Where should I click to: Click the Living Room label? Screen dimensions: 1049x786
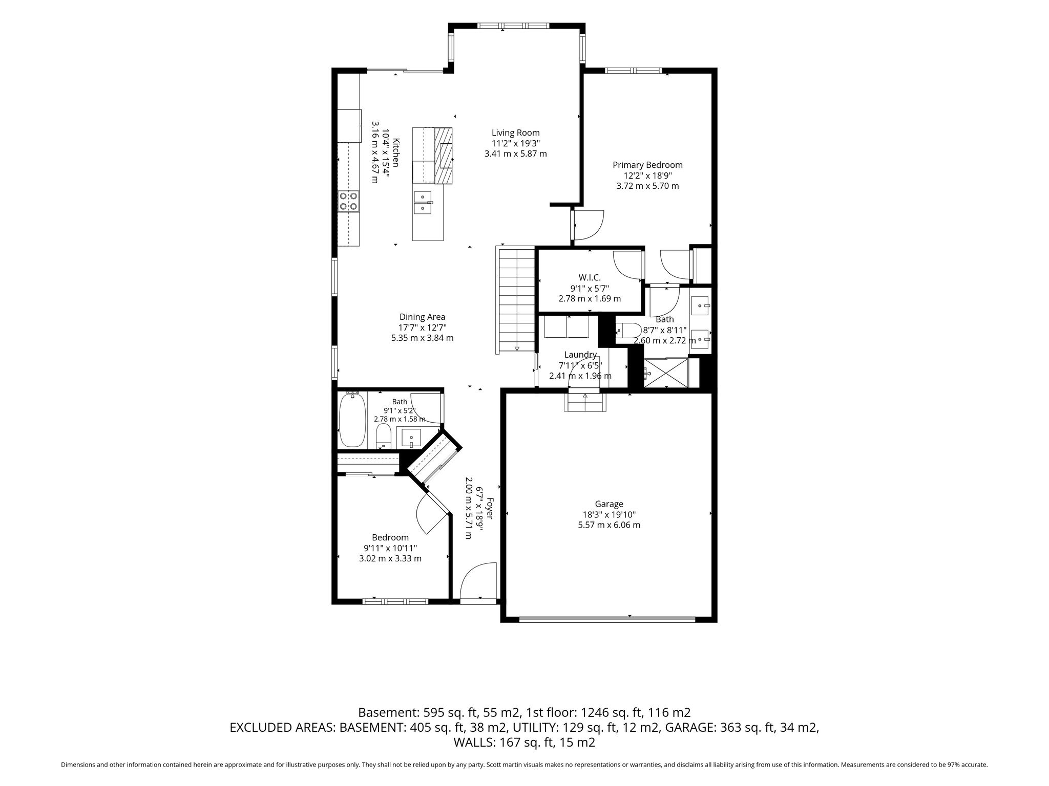[x=516, y=133]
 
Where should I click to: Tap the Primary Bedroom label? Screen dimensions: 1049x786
[x=647, y=165]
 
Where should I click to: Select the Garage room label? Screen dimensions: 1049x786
[x=609, y=504]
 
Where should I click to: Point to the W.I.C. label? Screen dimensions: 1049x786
[x=590, y=277]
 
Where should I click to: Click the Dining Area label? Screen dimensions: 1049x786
[x=422, y=317]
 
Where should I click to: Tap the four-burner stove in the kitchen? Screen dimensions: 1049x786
[x=349, y=201]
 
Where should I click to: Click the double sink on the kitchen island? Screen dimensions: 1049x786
[x=423, y=202]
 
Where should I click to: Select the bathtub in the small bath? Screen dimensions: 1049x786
[x=352, y=420]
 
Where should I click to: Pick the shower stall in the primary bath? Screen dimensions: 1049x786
[x=665, y=373]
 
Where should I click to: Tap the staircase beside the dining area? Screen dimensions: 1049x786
[x=516, y=300]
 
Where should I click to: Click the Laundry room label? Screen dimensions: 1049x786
[x=580, y=355]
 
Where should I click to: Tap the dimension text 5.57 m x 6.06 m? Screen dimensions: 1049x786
[x=609, y=525]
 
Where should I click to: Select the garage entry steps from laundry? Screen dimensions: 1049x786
[x=585, y=400]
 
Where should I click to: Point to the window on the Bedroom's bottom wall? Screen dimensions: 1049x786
[x=395, y=601]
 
